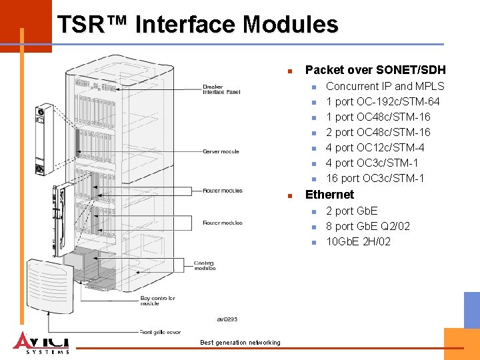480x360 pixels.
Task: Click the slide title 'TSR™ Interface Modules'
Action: (197, 25)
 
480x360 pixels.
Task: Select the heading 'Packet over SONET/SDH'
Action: (375, 70)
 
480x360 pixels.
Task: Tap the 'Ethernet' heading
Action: (329, 195)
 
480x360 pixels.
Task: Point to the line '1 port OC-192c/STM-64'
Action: (383, 101)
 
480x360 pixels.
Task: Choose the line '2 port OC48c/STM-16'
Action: (378, 132)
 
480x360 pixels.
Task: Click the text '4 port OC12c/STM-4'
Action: (375, 147)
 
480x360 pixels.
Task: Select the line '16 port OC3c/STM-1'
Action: (375, 178)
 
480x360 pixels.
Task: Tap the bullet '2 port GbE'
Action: (351, 211)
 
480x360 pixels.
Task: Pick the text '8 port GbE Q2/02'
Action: (367, 226)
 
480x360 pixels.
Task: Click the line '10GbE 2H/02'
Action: (358, 241)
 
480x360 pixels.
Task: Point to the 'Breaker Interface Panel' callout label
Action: (221, 89)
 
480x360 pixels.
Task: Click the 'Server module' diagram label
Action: (221, 151)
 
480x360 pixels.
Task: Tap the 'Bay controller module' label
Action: (157, 301)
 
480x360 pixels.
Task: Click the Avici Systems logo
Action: (41, 342)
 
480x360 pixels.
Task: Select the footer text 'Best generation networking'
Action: (240, 343)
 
